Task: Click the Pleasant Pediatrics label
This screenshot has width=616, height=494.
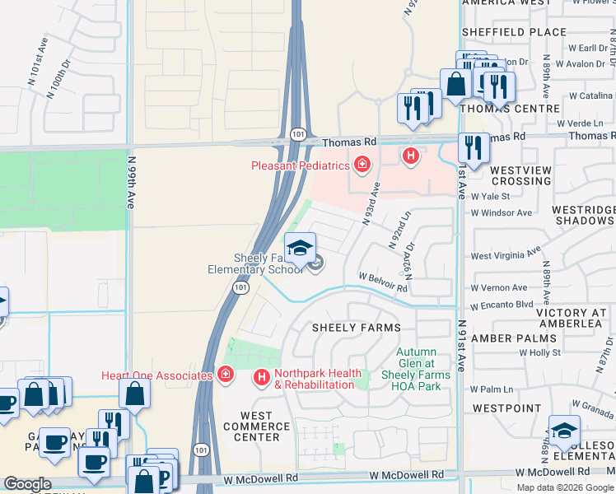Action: coord(301,165)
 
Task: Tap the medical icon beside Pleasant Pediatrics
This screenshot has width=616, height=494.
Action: coord(362,165)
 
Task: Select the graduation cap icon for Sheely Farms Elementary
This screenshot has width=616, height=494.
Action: coord(301,246)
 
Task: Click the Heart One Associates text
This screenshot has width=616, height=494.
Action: coord(157,375)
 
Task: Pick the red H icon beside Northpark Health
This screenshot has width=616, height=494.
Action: coord(262,378)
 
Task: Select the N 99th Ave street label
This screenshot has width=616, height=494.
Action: coord(131,179)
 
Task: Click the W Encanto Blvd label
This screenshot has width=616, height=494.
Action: coord(502,303)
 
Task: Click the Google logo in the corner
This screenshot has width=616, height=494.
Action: coord(27,484)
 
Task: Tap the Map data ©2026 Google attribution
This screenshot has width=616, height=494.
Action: coord(565,487)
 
